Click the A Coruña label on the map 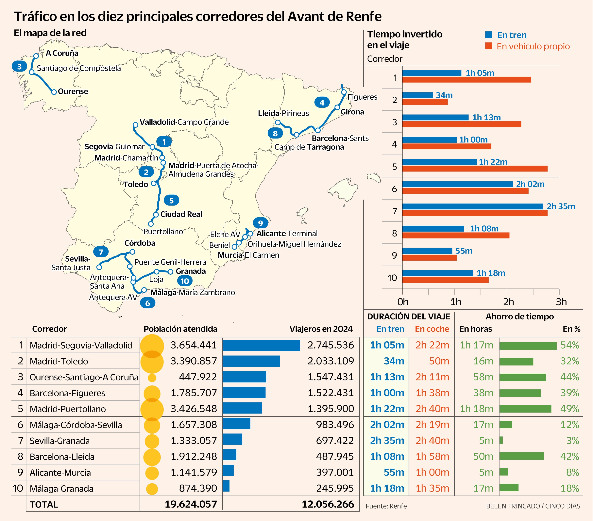click(62, 53)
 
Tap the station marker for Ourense click(54, 92)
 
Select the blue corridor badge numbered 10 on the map click(184, 281)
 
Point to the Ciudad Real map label click(181, 214)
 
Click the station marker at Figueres click(344, 92)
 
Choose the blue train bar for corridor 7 click(472, 206)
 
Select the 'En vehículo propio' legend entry click(533, 46)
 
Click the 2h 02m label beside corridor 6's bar click(530, 184)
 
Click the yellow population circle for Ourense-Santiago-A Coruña click(152, 378)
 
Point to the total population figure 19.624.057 click(191, 504)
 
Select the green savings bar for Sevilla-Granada click(501, 440)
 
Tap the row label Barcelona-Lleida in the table click(62, 457)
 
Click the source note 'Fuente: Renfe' click(386, 506)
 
